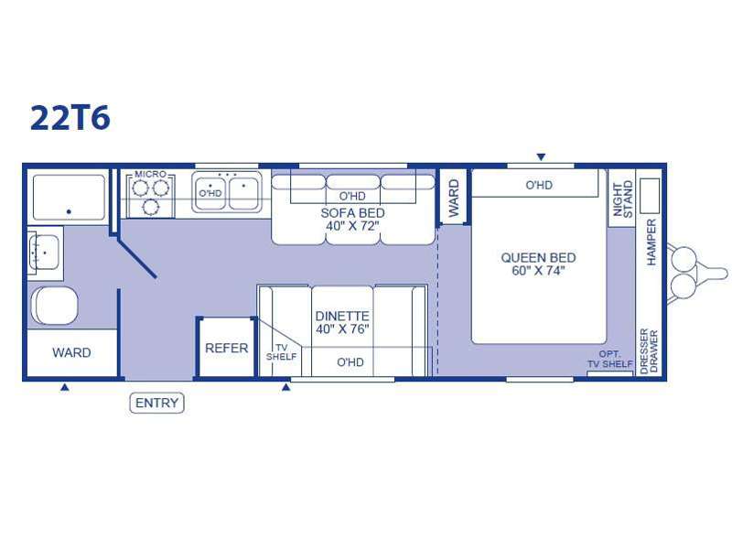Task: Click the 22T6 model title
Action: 70,118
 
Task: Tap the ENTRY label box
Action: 156,403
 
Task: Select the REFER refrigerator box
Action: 226,348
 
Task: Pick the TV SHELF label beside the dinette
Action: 281,352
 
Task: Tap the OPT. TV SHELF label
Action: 609,359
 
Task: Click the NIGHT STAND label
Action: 622,199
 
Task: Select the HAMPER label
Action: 651,242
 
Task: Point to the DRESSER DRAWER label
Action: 649,351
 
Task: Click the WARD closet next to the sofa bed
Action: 453,198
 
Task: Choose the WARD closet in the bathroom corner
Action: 72,352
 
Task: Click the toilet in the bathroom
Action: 55,306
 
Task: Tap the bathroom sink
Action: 44,253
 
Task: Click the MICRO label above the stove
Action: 150,174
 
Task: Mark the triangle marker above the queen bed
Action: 541,156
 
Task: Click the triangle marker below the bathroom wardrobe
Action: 65,387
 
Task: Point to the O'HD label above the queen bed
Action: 539,186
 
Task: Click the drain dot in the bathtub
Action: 69,211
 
